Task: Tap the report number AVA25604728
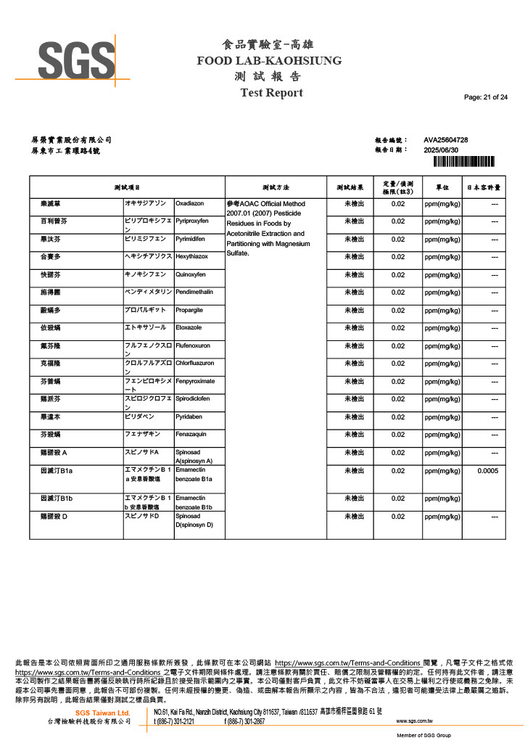click(x=445, y=139)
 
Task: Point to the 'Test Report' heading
click(x=271, y=93)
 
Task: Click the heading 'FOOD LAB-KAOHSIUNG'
click(x=269, y=60)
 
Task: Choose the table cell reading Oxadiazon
click(x=191, y=204)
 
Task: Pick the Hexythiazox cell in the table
click(x=192, y=257)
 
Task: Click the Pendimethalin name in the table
click(x=194, y=292)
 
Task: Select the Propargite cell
click(x=190, y=310)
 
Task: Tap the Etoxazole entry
click(x=189, y=328)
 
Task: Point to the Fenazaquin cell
click(x=191, y=435)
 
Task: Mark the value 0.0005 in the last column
click(x=487, y=471)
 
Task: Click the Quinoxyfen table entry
click(x=191, y=275)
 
